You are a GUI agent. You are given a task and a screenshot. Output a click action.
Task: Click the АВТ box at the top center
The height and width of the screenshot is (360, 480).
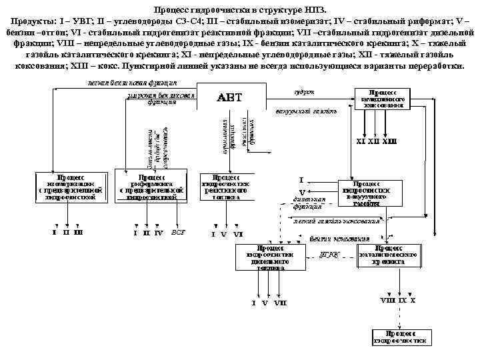coord(230,98)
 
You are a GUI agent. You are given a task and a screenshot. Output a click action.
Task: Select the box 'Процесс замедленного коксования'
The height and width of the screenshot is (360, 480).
coord(383,98)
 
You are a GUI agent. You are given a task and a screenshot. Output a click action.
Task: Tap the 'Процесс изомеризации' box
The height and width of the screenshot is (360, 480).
coord(70,187)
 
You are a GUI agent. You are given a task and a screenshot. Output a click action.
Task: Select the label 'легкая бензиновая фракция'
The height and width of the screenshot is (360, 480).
coord(131,83)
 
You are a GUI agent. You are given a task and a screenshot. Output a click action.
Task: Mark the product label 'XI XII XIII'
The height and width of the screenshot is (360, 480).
coord(377,141)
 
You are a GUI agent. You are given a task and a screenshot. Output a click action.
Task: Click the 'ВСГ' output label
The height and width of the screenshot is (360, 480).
coord(178,233)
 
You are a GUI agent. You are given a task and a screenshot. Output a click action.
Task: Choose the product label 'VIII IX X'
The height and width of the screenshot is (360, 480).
coord(398,301)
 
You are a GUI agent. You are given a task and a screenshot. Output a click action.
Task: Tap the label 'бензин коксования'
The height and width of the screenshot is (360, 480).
coord(348,238)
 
